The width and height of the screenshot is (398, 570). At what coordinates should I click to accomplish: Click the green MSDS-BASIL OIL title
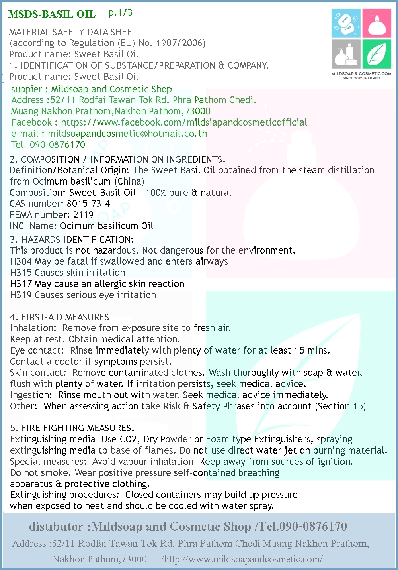[52, 14]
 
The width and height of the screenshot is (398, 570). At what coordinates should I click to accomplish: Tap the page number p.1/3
[120, 13]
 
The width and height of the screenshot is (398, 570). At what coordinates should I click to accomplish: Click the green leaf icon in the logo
[377, 54]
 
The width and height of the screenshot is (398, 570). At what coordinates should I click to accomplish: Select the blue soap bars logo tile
[346, 24]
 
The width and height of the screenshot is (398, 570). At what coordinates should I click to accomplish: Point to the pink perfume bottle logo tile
[377, 24]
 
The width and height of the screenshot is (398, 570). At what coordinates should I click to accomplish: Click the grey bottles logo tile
[346, 54]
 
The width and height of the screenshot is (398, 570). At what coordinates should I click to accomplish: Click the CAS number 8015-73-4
[88, 204]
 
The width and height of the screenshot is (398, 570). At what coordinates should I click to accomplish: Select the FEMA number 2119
[83, 215]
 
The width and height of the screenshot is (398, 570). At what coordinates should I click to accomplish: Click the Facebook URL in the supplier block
[184, 122]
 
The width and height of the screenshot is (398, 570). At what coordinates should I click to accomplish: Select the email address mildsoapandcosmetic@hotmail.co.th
[127, 134]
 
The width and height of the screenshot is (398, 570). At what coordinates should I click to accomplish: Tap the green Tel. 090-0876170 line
[48, 145]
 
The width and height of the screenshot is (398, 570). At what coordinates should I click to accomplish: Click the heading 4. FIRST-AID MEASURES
[59, 317]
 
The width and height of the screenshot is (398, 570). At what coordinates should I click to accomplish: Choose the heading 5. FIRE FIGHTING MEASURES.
[72, 428]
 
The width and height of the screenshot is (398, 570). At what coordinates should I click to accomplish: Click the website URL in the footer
[242, 559]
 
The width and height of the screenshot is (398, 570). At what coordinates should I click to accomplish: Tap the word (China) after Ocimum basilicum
[129, 181]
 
